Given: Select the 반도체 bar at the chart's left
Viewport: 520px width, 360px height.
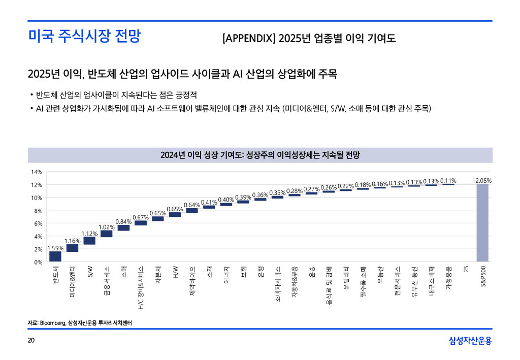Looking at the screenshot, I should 55,256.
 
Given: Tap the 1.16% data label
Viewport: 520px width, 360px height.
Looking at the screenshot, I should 72,240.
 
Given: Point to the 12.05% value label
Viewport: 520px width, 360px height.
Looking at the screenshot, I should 482,180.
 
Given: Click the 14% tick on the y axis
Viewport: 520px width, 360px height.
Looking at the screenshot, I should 37,172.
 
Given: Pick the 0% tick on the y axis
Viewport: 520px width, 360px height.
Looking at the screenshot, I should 38,262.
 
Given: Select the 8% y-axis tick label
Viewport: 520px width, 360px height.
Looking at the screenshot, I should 38,211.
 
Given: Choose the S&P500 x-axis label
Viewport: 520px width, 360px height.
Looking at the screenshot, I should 482,277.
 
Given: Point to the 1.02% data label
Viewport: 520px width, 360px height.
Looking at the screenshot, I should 106,226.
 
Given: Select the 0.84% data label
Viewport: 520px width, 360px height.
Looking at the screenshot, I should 123,221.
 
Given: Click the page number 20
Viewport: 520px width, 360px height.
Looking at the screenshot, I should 31,340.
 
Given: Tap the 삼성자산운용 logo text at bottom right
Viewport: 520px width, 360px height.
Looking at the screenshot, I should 470,341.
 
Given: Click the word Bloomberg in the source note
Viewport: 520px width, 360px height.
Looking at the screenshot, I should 53,323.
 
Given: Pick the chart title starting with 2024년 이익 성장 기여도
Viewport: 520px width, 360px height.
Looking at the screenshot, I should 260,155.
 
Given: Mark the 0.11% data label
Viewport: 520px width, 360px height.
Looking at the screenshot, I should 448,180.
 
